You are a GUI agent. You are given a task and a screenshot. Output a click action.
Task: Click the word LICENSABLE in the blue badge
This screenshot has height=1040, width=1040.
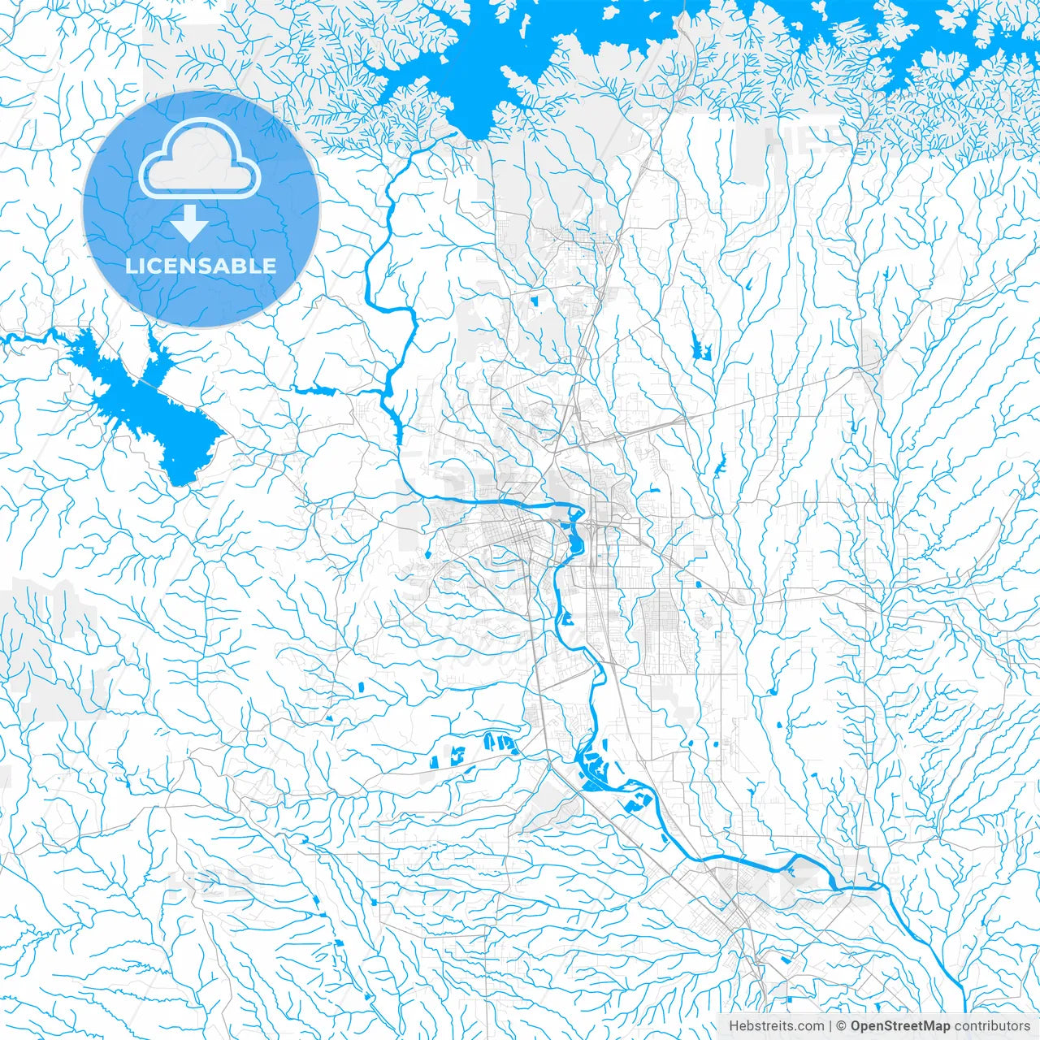tap(201, 266)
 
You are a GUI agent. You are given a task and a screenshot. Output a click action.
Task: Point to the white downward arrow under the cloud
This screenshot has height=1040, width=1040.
tap(189, 222)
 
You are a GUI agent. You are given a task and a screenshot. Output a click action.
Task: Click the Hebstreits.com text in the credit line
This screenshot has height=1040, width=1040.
tap(776, 1026)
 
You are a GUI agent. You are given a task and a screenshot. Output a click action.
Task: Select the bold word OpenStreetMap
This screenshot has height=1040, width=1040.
tap(900, 1026)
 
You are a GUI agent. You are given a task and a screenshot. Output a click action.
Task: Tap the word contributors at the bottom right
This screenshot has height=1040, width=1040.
tap(991, 1026)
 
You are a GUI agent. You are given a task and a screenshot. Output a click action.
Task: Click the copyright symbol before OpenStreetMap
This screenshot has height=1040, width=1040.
tap(843, 1026)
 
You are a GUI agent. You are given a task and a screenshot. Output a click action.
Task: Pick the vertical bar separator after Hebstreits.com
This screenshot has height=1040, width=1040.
tap(830, 1026)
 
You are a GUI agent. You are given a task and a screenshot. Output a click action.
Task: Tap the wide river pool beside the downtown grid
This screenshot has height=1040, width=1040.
tap(574, 536)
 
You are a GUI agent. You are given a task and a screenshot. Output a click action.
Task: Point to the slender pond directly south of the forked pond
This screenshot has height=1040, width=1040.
tap(719, 464)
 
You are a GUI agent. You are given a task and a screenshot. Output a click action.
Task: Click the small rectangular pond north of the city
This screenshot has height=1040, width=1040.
tap(535, 301)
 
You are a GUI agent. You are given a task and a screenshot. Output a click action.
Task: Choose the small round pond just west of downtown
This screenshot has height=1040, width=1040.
tap(428, 554)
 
